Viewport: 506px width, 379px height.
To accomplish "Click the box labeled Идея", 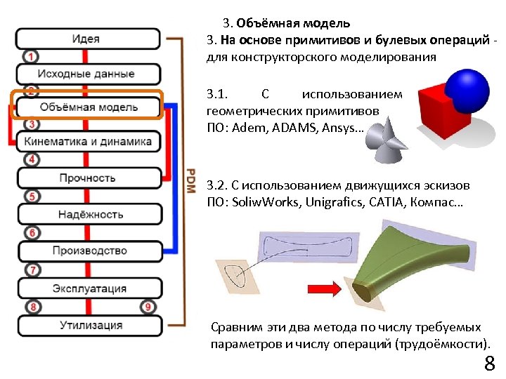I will [87, 39].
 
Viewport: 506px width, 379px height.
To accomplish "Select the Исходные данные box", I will [87, 73].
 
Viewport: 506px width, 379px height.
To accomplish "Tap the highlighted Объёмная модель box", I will [87, 107].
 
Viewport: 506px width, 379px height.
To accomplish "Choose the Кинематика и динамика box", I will [87, 141].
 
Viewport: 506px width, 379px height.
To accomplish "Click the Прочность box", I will [87, 178].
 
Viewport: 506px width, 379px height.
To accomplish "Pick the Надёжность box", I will [87, 214].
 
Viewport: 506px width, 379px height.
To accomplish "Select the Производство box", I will [87, 251].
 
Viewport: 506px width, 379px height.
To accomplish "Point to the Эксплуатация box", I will [87, 288].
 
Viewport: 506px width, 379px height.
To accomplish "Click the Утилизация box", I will [87, 326].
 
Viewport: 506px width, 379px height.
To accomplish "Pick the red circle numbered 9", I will [148, 307].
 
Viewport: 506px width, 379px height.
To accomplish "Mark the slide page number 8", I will [489, 364].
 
